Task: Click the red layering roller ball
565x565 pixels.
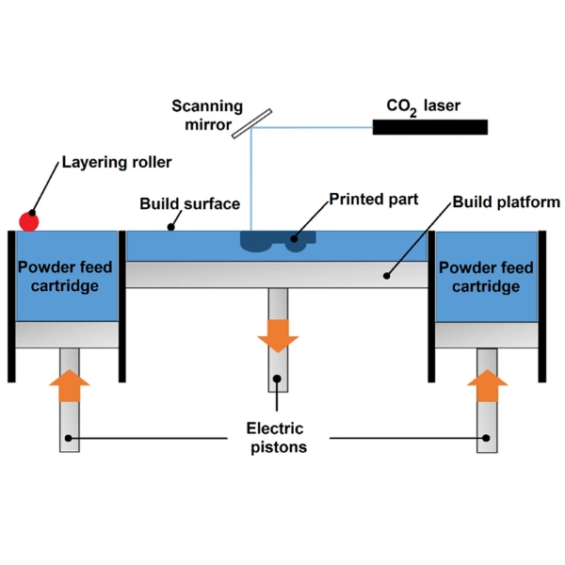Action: coord(29,221)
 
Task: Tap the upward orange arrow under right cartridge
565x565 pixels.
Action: coord(487,385)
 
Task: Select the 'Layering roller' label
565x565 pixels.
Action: coord(117,163)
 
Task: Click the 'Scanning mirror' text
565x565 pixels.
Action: coord(208,115)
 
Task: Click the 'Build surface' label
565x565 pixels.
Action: coord(190,203)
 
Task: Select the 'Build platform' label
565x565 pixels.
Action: coord(507,202)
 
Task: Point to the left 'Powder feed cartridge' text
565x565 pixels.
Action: coord(65,277)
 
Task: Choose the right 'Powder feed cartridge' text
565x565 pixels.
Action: coord(486,277)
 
